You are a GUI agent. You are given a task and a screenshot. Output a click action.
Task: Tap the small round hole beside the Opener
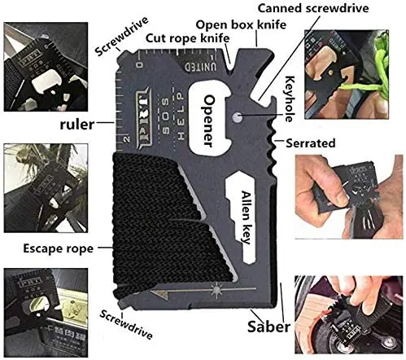pos(237,117)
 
